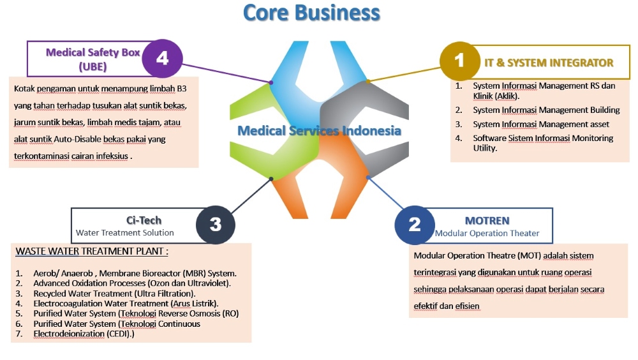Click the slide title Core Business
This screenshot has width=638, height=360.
tap(311, 13)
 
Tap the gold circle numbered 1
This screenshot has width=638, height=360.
tap(459, 61)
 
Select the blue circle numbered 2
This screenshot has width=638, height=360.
tap(415, 225)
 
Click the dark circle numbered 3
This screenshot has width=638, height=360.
tap(215, 225)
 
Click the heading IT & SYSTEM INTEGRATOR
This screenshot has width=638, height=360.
tap(548, 63)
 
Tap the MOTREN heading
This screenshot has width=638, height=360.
tap(487, 221)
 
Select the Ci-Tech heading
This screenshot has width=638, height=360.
tap(144, 220)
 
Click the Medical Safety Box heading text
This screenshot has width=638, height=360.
tap(93, 52)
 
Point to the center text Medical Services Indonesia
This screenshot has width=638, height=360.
tap(319, 131)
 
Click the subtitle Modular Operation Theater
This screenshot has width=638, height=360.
tap(487, 234)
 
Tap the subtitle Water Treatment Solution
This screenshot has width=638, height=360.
tap(124, 233)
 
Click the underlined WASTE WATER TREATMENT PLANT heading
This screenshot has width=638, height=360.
tap(92, 251)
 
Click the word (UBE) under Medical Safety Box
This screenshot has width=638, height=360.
tap(93, 66)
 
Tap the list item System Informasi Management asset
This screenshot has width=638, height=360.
tap(541, 124)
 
